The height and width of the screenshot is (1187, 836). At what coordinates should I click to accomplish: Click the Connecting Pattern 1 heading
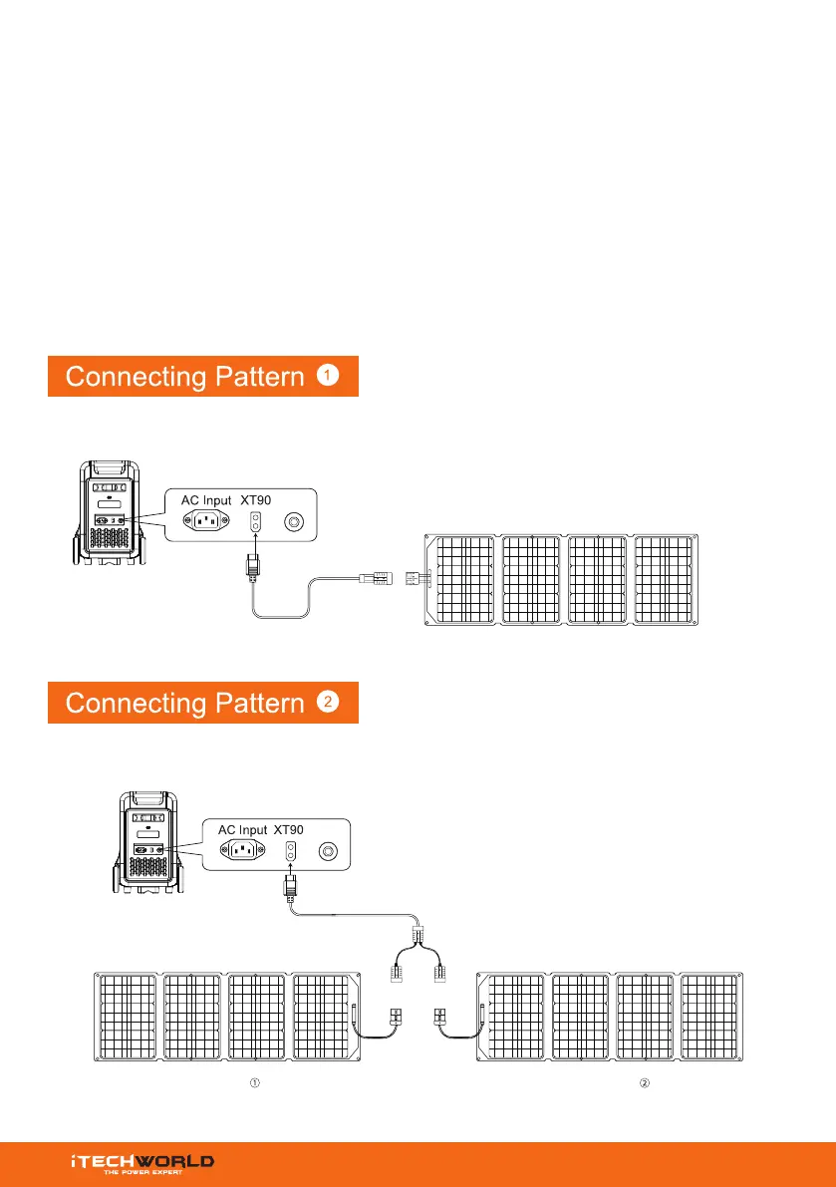pyautogui.click(x=202, y=377)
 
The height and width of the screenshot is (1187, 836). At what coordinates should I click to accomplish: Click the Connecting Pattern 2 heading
pyautogui.click(x=202, y=703)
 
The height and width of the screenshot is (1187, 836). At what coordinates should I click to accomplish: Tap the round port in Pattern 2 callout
pyautogui.click(x=327, y=851)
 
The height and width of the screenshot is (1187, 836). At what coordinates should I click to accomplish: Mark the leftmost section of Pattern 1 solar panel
pyautogui.click(x=462, y=581)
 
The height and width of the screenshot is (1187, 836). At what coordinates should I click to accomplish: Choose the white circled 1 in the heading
pyautogui.click(x=329, y=376)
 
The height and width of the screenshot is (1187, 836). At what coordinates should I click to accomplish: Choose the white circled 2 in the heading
pyautogui.click(x=329, y=702)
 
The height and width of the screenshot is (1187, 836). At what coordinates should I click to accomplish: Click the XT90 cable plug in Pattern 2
pyautogui.click(x=292, y=885)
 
